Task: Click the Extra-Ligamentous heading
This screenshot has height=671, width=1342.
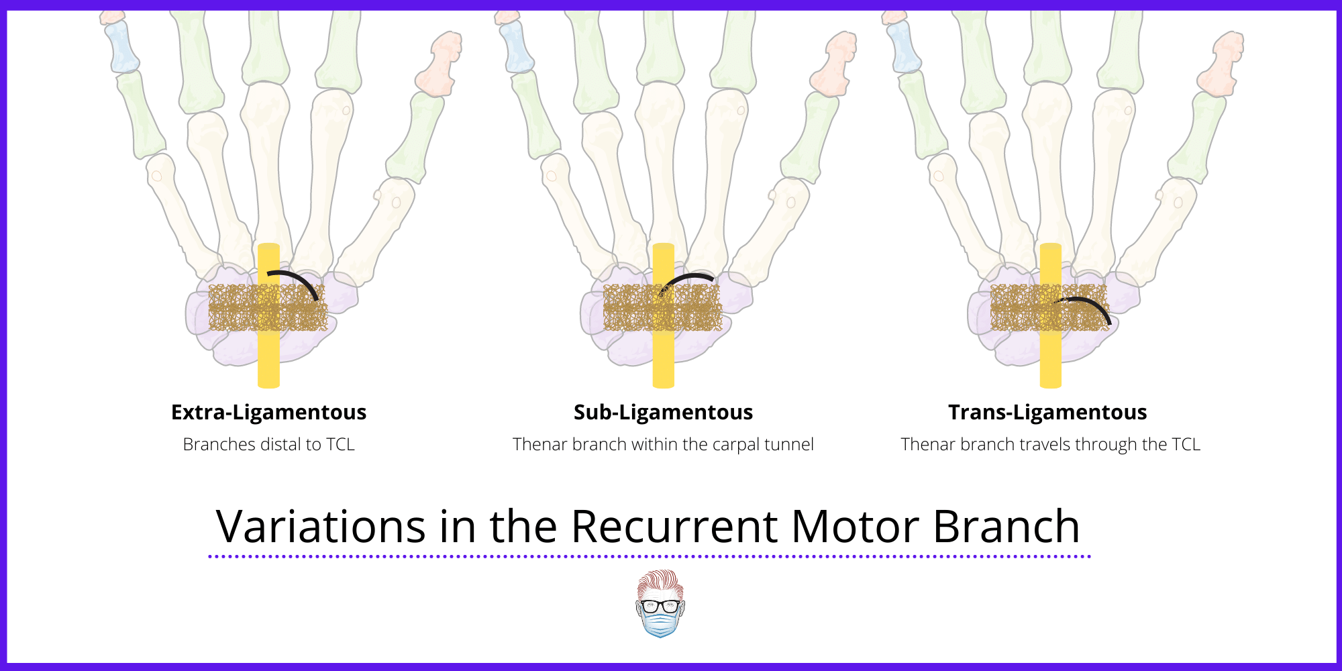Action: click(x=268, y=412)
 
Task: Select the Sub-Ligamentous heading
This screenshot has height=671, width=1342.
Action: click(x=663, y=412)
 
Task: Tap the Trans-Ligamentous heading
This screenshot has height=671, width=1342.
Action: click(x=1047, y=412)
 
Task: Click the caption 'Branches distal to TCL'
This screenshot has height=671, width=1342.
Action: click(x=268, y=445)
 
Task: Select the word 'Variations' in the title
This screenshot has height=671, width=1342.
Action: click(x=321, y=527)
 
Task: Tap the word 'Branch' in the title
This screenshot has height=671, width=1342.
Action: click(x=1007, y=527)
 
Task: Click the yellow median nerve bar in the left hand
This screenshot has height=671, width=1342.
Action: click(x=268, y=356)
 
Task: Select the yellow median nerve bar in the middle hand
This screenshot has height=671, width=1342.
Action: click(x=663, y=356)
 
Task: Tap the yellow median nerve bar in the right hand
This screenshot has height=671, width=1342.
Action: click(x=1050, y=356)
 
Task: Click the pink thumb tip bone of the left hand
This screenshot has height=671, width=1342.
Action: click(x=440, y=64)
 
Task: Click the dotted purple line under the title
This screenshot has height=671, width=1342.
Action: click(x=650, y=556)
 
